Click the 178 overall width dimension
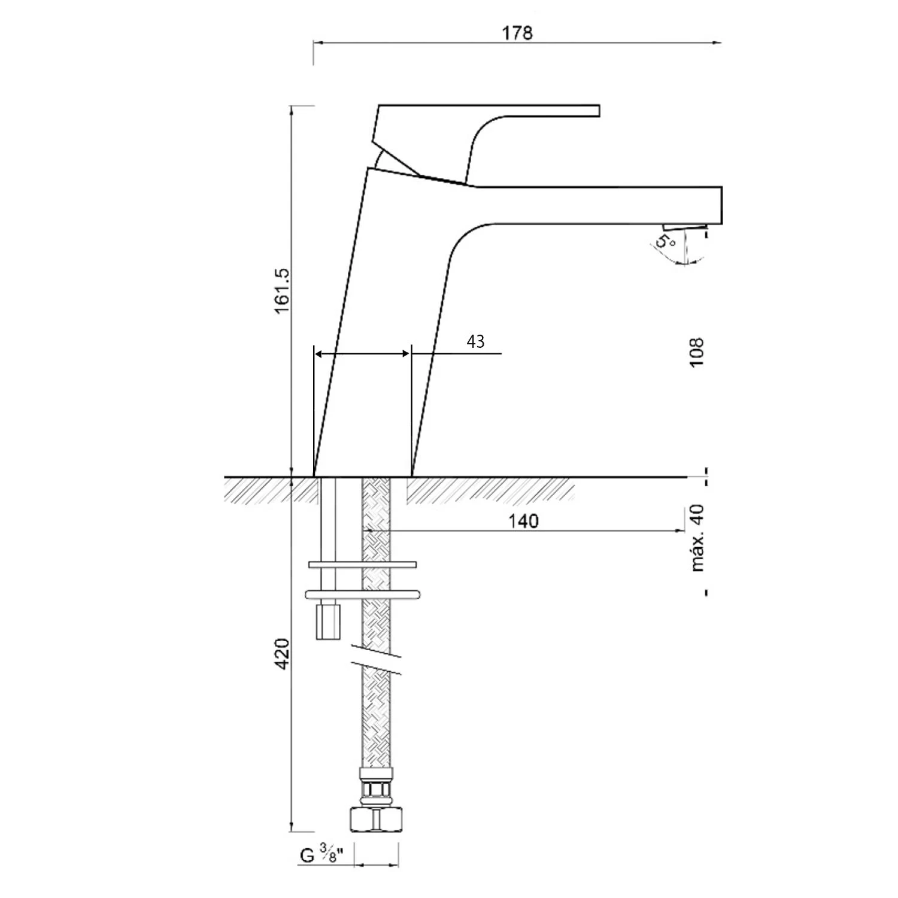coord(517,32)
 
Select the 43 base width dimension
coord(475,341)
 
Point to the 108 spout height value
coord(696,353)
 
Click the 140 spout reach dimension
coord(523,521)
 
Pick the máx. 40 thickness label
coord(697,538)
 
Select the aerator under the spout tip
coord(685,227)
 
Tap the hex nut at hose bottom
coord(375,818)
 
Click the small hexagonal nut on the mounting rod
coord(328,621)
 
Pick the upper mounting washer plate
coord(363,565)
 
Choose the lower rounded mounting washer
coord(363,594)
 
